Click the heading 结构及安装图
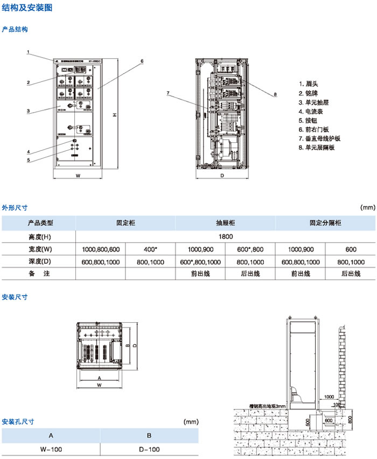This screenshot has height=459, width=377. click(x=22, y=8)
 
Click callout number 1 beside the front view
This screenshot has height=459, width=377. click(x=28, y=52)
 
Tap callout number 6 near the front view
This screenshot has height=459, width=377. click(x=142, y=61)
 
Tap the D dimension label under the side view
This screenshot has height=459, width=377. click(x=221, y=176)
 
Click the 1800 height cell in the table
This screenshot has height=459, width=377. click(x=226, y=236)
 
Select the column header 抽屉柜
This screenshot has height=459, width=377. click(x=226, y=222)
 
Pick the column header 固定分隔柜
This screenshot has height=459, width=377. click(x=325, y=222)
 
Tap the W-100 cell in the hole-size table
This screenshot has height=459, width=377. click(x=51, y=448)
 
